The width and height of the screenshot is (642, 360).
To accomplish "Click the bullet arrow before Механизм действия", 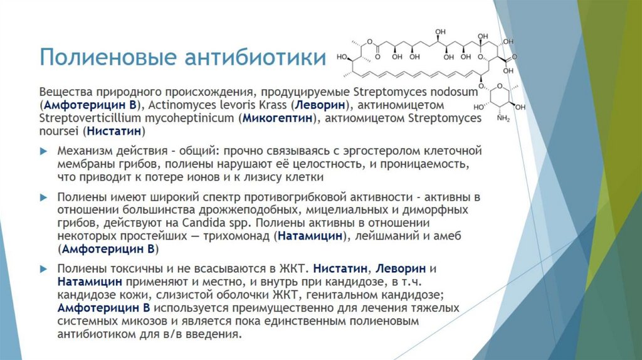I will tap(43, 152).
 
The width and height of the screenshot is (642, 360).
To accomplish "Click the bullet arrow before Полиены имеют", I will tap(43, 196).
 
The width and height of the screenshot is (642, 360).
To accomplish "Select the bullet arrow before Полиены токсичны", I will tap(43, 268).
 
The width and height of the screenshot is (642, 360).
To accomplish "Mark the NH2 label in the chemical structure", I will tap(503, 119).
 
